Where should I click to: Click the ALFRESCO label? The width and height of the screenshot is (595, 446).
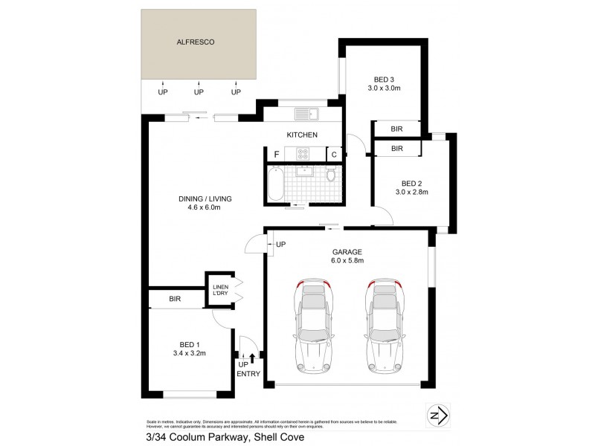coord(196,43)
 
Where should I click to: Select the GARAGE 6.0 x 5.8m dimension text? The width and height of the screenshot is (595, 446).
coord(347,260)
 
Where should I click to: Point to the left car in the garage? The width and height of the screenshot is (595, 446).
coord(314,327)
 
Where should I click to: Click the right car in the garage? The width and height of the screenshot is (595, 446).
coord(385,327)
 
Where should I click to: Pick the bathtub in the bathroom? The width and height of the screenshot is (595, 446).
coord(275,184)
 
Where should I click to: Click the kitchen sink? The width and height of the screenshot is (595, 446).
coord(305,114)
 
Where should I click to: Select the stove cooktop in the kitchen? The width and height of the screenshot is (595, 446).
coord(303,154)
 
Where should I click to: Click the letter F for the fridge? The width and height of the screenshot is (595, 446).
coord(276,155)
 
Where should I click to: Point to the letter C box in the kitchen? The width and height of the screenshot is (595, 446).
coord(335,155)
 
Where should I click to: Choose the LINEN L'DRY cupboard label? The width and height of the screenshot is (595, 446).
coord(220,291)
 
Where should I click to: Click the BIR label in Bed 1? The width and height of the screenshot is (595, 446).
coord(176,299)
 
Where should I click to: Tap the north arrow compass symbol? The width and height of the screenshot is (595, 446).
coord(438,413)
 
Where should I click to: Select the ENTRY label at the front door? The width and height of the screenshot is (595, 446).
coord(248,374)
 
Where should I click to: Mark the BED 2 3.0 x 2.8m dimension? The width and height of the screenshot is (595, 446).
coord(411,192)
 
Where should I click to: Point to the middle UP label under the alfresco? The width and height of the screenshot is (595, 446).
coord(199,92)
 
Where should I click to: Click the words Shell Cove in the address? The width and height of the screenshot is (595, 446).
coord(280,436)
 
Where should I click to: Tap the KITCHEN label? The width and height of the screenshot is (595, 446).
coord(303,135)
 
